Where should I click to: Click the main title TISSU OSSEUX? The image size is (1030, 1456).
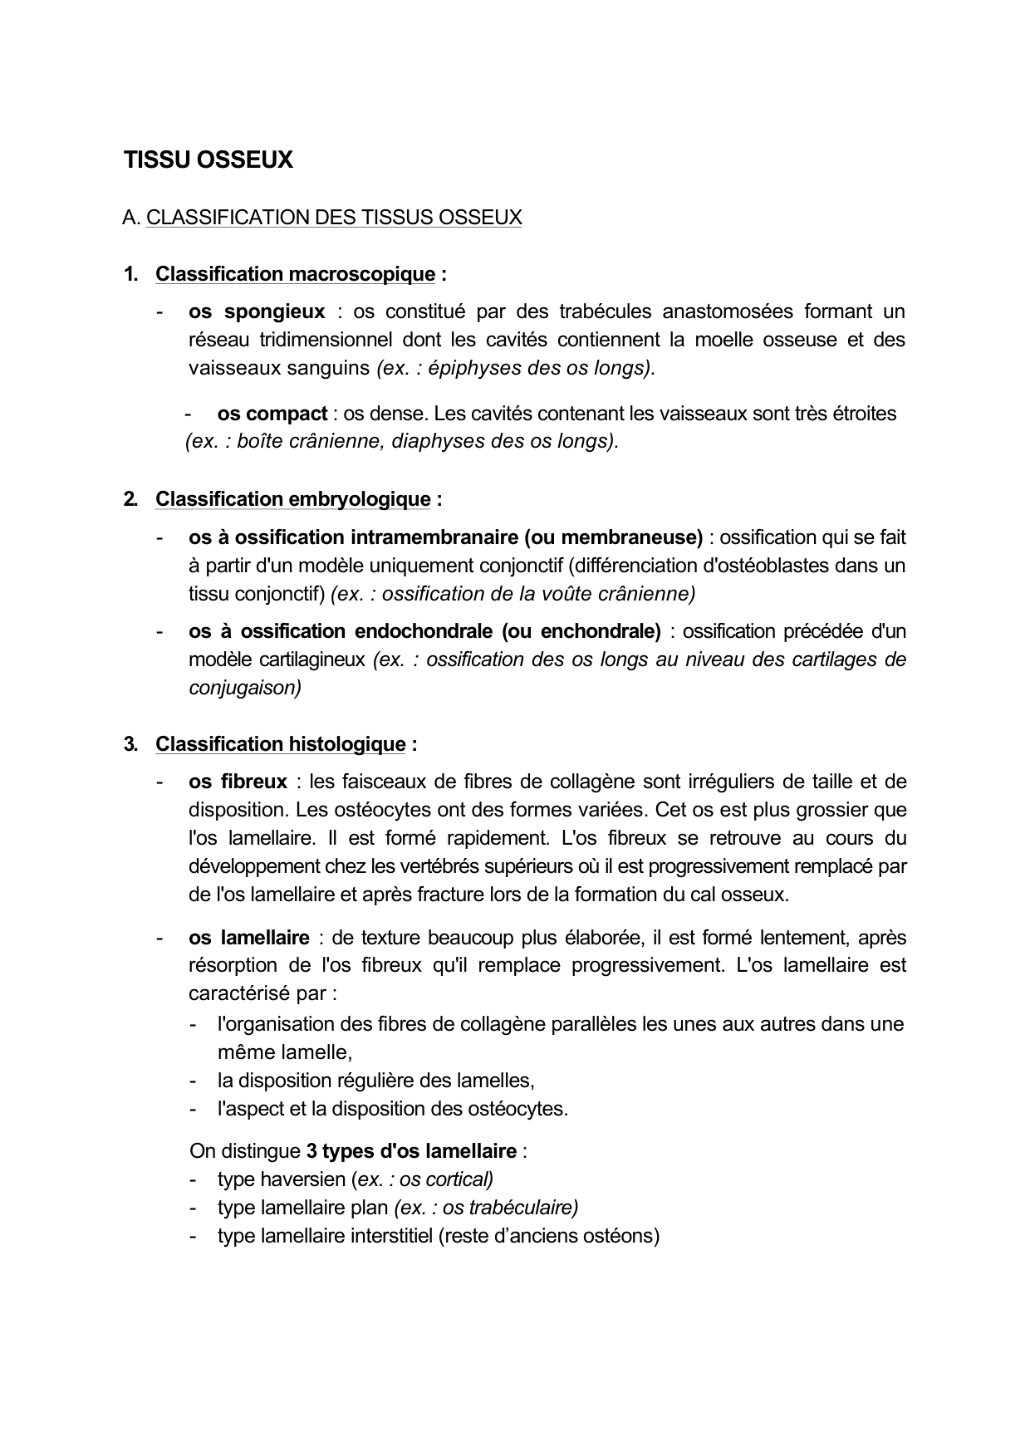click(x=208, y=159)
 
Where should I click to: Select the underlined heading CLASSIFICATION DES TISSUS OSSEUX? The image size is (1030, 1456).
click(x=334, y=218)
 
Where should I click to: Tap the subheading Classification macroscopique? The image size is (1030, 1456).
click(x=295, y=274)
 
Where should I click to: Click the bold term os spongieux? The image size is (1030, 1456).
click(x=257, y=311)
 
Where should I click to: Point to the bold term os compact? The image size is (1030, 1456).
click(x=272, y=414)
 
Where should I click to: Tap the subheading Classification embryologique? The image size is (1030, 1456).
click(x=292, y=499)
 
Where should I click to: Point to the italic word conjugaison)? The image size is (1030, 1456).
click(x=245, y=688)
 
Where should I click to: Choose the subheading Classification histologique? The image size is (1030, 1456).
click(x=280, y=744)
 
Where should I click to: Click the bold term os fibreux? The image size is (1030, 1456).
click(x=238, y=782)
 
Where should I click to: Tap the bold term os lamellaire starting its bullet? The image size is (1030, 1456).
click(x=249, y=938)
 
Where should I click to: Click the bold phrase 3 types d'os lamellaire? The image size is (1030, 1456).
click(x=411, y=1151)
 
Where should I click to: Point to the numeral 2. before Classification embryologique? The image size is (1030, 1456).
click(x=130, y=499)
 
